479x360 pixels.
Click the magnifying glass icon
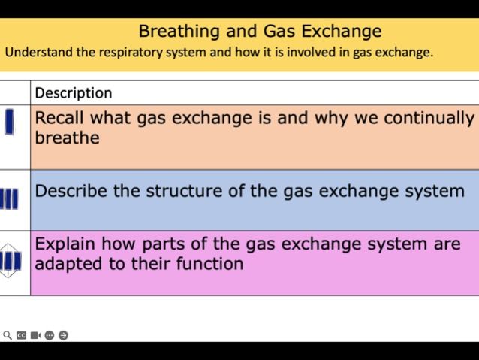click(x=8, y=335)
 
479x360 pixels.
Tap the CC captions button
click(x=22, y=335)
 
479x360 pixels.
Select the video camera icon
click(x=35, y=335)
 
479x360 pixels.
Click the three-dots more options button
click(x=50, y=335)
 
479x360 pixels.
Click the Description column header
click(x=74, y=93)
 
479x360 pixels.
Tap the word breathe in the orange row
click(x=67, y=138)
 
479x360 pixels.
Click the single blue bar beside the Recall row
click(x=9, y=122)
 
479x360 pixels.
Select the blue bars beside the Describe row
click(x=10, y=200)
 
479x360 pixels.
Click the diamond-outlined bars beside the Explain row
click(x=10, y=261)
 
